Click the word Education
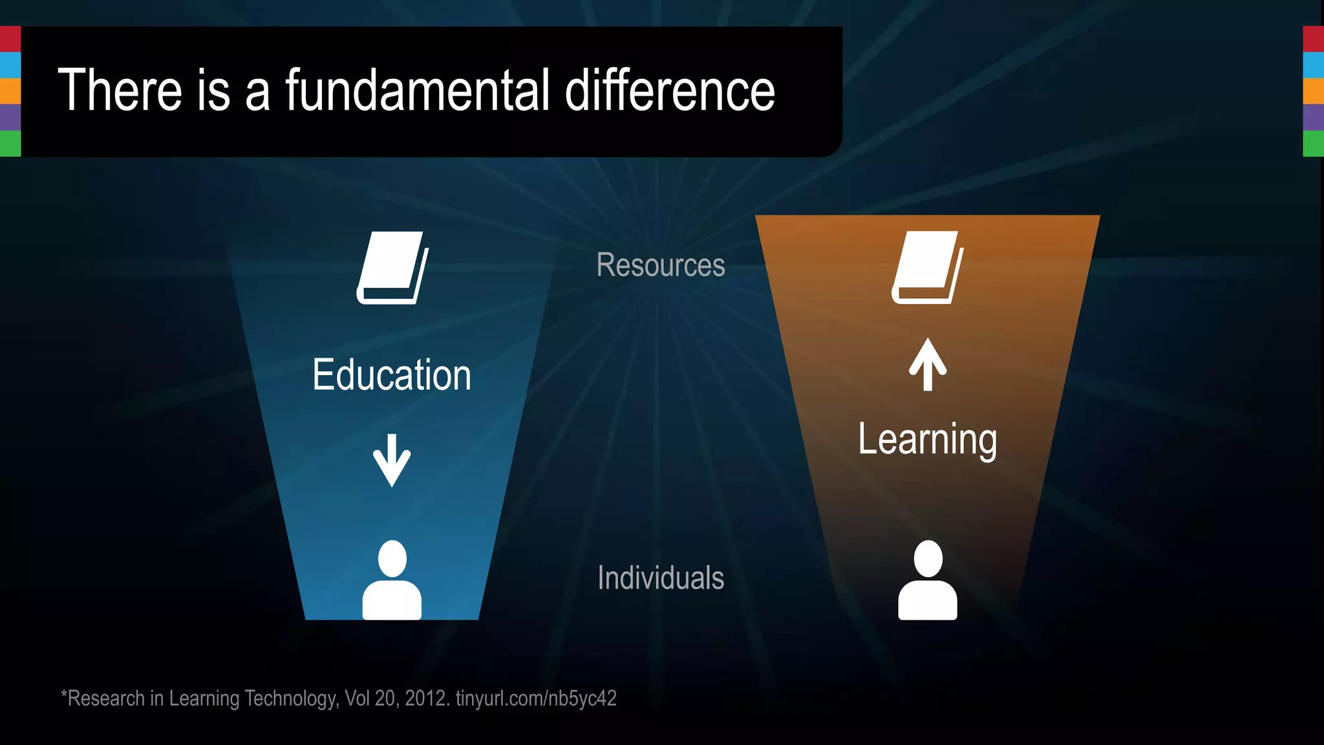click(x=392, y=375)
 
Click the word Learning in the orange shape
click(x=927, y=440)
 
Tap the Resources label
click(x=660, y=265)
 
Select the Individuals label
click(x=660, y=578)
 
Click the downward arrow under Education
click(x=392, y=460)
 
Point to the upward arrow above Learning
click(x=928, y=365)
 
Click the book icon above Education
click(x=392, y=268)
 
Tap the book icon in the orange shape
click(x=928, y=267)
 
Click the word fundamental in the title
click(x=418, y=91)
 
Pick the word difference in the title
click(x=670, y=91)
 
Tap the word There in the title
click(x=120, y=91)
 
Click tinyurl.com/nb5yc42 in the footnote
click(x=536, y=698)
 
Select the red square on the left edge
click(x=10, y=39)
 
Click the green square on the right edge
click(x=1313, y=144)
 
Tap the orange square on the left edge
click(x=10, y=91)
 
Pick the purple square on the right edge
click(x=1313, y=117)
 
